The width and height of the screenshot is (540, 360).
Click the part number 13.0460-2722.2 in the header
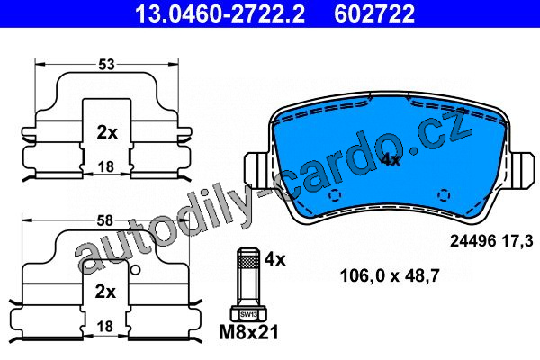pyautogui.click(x=220, y=13)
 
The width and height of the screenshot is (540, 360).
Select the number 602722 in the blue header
pyautogui.click(x=374, y=13)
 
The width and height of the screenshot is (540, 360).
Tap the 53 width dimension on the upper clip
pyautogui.click(x=106, y=65)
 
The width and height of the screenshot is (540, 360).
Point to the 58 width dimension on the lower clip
pyautogui.click(x=104, y=220)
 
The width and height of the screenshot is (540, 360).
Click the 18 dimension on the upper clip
pyautogui.click(x=105, y=167)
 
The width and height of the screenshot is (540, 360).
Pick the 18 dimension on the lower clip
pyautogui.click(x=105, y=326)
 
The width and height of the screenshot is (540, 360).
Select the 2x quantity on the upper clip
pyautogui.click(x=107, y=132)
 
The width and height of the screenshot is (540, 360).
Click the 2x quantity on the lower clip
pyautogui.click(x=105, y=292)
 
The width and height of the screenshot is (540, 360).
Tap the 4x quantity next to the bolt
pyautogui.click(x=274, y=259)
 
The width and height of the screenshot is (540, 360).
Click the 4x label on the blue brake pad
pyautogui.click(x=391, y=160)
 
